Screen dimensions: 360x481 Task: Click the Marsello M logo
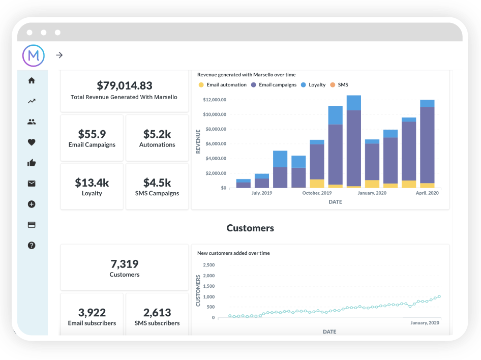[x=34, y=55]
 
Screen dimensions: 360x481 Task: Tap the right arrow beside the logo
[x=59, y=55]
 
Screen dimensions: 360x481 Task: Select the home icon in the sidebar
[x=32, y=80]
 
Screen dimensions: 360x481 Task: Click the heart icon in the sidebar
[x=32, y=142]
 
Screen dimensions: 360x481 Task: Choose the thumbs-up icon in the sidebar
[x=32, y=163]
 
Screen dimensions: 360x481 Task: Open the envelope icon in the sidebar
[x=32, y=184]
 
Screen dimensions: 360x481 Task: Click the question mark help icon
[x=32, y=245]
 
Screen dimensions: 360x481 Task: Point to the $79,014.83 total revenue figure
[x=125, y=85]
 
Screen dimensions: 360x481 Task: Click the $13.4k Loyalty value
[x=92, y=183]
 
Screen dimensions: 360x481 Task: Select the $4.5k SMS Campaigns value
[x=157, y=183]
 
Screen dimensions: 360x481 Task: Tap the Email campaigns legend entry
[x=277, y=85]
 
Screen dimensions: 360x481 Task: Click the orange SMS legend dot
[x=333, y=85]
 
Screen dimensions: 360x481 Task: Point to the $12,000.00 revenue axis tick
[x=214, y=100]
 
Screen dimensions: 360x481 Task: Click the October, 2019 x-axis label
[x=317, y=193]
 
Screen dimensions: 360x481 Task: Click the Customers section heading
[x=250, y=228]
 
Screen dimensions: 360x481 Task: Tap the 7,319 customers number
[x=125, y=264]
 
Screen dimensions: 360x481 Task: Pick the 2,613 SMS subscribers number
[x=157, y=312]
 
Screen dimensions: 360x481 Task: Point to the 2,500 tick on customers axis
[x=208, y=265]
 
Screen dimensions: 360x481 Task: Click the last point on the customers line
[x=439, y=296]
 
